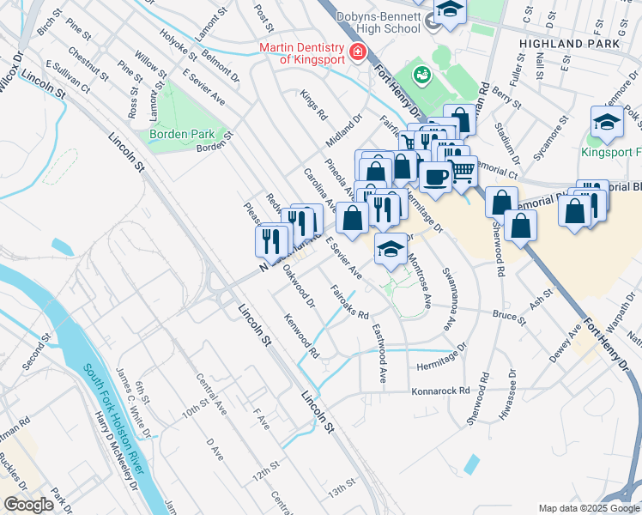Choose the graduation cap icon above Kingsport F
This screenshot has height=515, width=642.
coord(607,123)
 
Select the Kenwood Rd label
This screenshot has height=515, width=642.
coord(303,336)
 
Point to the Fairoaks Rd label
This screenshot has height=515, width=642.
coord(349,302)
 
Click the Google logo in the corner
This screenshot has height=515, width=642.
coord(28,505)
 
